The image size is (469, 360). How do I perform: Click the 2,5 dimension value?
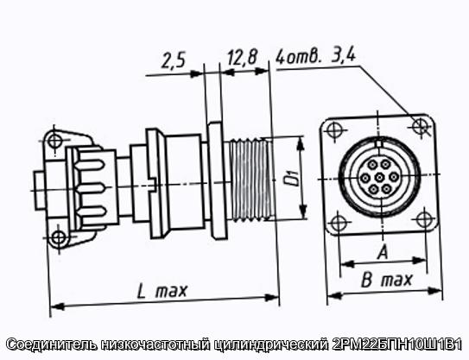tap(174, 60)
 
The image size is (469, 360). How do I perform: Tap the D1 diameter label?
tap(295, 178)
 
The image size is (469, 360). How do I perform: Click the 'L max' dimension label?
tap(162, 291)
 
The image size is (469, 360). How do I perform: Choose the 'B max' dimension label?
tap(386, 280)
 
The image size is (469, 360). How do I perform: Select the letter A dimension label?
tap(383, 252)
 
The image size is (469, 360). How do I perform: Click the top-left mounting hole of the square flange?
tap(333, 130)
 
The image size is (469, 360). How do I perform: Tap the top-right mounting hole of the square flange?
tap(420, 126)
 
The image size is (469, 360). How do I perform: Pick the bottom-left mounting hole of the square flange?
tap(338, 223)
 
